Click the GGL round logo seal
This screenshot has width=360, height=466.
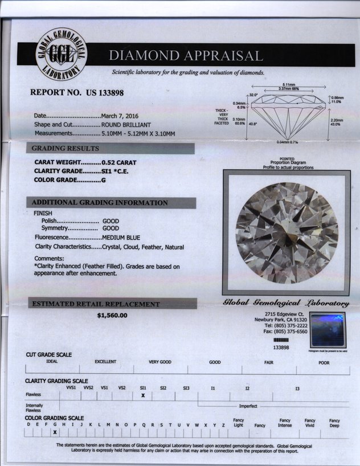click(60, 55)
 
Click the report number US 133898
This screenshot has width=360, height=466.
click(76, 92)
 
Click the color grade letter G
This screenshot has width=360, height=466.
click(104, 179)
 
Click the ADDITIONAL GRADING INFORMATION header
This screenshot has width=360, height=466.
click(100, 203)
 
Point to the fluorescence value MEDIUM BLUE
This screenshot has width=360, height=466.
click(121, 237)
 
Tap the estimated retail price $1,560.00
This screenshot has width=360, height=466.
click(112, 315)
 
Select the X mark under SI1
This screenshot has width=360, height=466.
click(143, 395)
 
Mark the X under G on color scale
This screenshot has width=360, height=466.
click(55, 432)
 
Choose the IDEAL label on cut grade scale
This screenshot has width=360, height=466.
click(52, 362)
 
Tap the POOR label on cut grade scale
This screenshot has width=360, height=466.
click(324, 362)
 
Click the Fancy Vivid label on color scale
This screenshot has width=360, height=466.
click(310, 423)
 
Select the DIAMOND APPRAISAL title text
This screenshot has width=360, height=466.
click(186, 56)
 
